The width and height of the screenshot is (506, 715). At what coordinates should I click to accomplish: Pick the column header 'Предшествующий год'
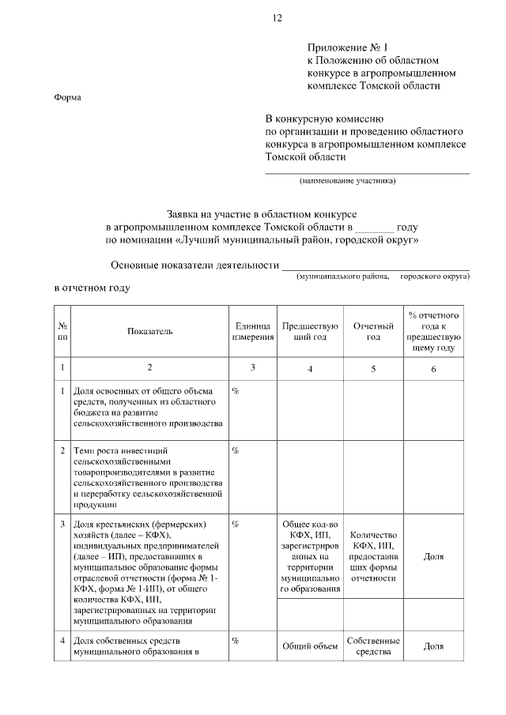coord(310,331)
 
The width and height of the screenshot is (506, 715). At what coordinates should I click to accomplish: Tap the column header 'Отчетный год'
coord(372,331)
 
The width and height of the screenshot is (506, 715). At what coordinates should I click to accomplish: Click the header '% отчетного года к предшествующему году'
coord(433,331)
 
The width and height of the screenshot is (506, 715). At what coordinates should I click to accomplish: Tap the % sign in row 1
coord(236,391)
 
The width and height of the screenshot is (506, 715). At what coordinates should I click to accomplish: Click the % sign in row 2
coord(236,450)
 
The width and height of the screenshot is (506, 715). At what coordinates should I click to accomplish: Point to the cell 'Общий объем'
coord(310,646)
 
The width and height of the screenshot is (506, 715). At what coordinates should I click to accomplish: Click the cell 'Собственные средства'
coord(372,646)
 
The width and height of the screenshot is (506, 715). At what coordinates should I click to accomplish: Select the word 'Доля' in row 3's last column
coord(433,556)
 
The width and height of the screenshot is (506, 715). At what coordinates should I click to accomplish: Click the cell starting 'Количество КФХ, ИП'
coord(372,556)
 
